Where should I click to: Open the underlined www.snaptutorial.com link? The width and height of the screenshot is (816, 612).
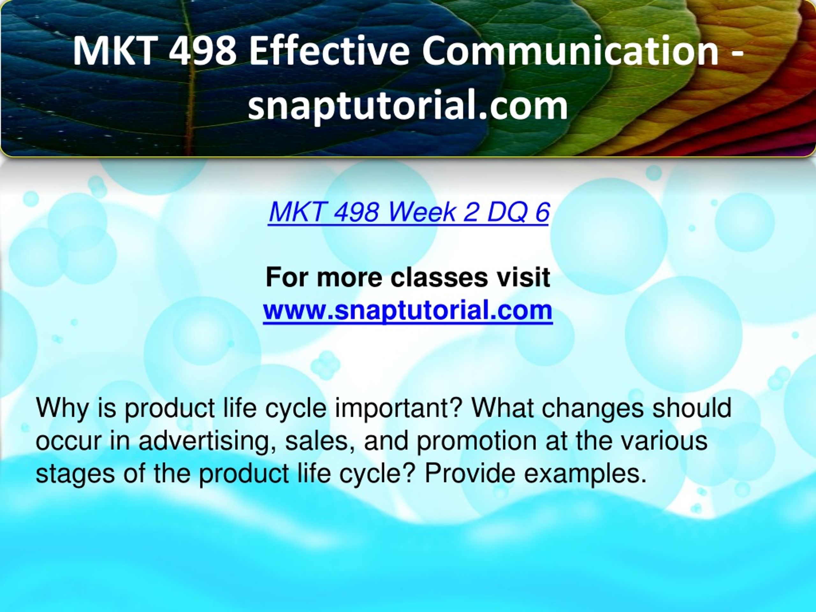408,310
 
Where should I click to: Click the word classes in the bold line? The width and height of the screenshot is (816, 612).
439,277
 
